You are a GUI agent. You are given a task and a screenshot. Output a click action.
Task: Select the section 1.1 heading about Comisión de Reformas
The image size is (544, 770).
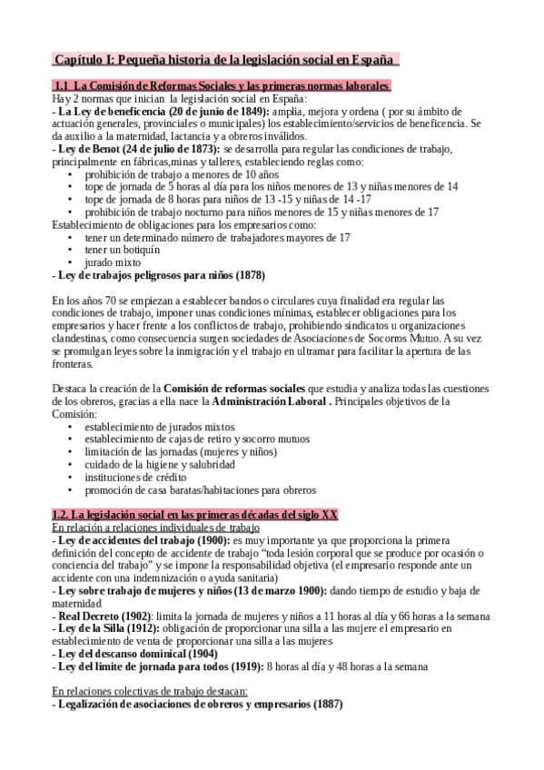pyautogui.click(x=223, y=86)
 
